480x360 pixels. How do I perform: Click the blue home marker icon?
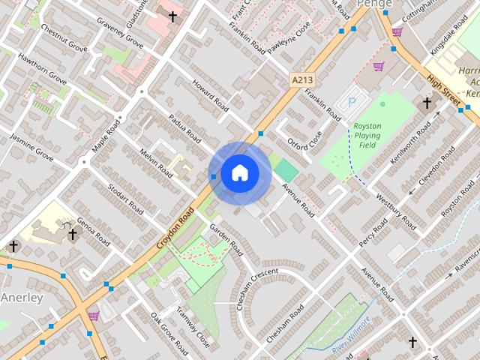click(239, 172)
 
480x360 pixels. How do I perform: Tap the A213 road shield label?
click(301, 79)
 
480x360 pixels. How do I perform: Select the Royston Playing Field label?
click(368, 136)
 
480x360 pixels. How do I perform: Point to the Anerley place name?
click(22, 298)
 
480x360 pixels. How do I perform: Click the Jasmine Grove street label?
click(31, 147)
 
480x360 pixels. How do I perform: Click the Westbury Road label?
click(398, 211)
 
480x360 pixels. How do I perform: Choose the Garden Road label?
click(226, 238)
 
